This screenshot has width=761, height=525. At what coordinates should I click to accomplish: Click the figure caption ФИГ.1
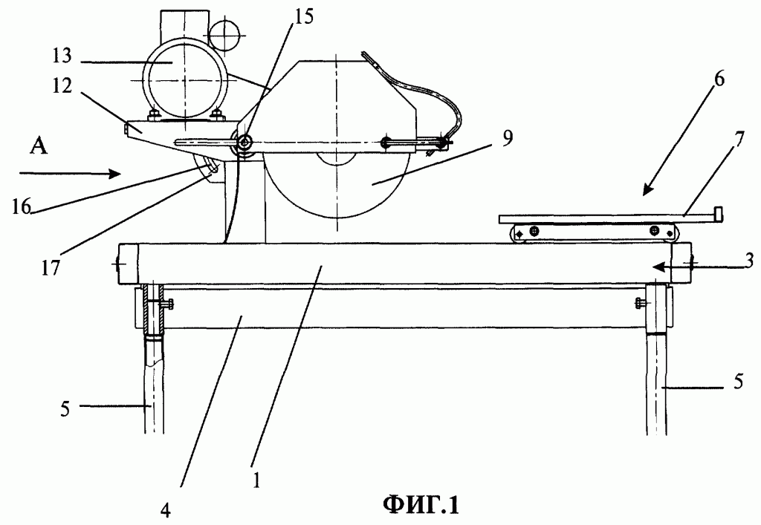pyautogui.click(x=421, y=506)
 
